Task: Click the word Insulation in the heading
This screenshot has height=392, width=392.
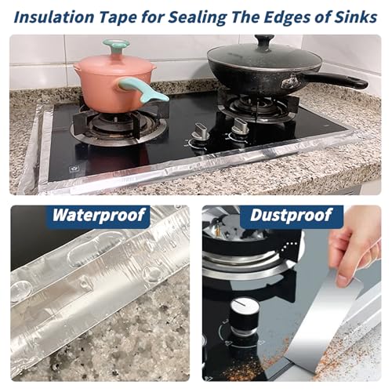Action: pyautogui.click(x=53, y=17)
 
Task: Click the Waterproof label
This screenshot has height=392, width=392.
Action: pyautogui.click(x=98, y=216)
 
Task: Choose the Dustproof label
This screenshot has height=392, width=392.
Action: pyautogui.click(x=291, y=215)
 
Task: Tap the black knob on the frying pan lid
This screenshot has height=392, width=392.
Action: pyautogui.click(x=264, y=41)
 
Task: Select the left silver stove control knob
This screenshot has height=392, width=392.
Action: pyautogui.click(x=200, y=132)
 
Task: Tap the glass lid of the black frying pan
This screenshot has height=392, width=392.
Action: pyautogui.click(x=264, y=57)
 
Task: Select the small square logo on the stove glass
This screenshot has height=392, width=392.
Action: pyautogui.click(x=73, y=169)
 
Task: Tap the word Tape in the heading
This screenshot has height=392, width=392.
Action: pyautogui.click(x=118, y=18)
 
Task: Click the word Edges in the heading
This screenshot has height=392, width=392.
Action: pyautogui.click(x=286, y=18)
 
